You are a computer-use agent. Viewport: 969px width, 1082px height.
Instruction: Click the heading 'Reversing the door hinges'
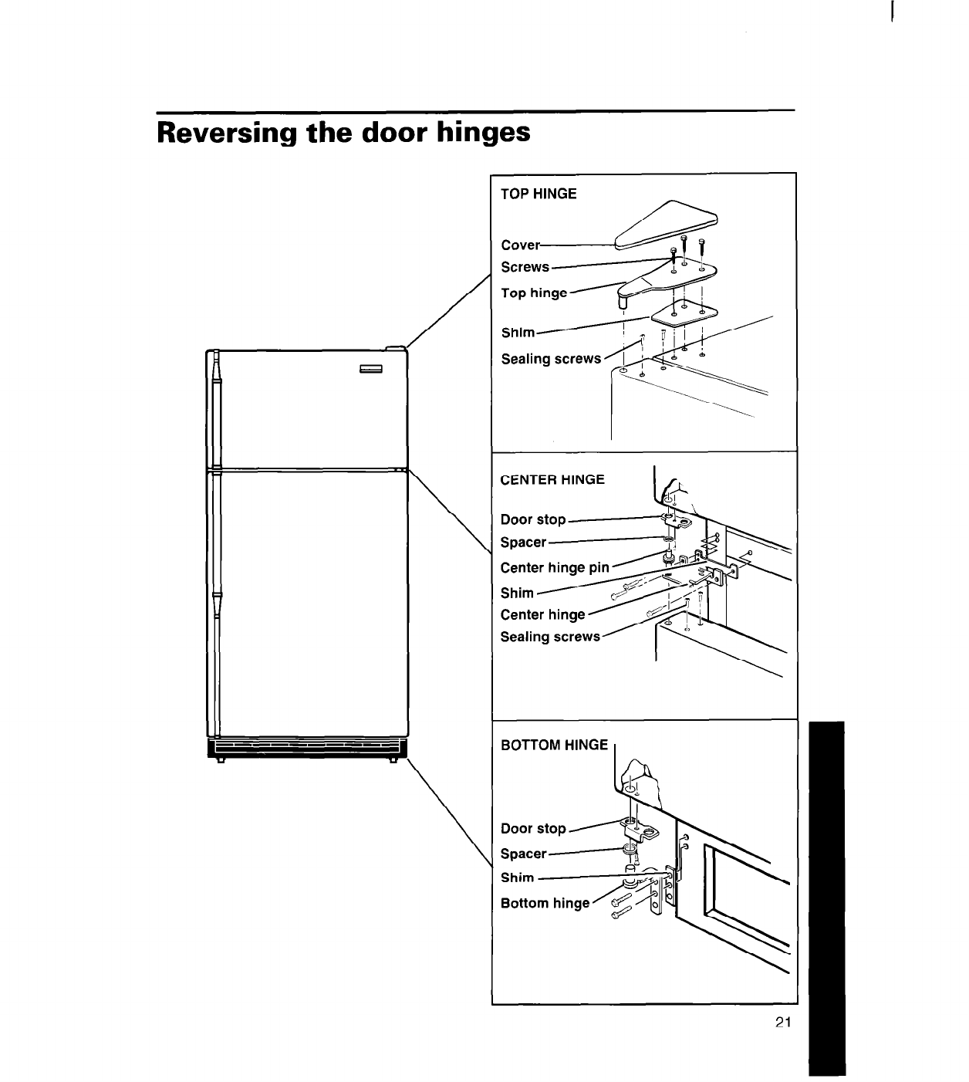click(343, 133)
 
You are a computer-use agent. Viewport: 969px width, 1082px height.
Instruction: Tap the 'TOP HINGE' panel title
click(539, 194)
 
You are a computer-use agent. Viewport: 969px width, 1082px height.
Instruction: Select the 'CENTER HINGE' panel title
click(552, 479)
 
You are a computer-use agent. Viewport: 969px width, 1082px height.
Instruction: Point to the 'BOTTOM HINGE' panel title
click(555, 745)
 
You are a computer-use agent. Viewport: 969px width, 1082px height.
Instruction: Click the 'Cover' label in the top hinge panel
click(520, 245)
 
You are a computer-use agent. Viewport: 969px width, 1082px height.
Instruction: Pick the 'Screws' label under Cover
click(525, 267)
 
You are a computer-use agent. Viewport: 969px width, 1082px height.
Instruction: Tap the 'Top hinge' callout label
click(534, 292)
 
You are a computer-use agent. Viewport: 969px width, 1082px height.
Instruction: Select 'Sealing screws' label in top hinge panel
click(551, 359)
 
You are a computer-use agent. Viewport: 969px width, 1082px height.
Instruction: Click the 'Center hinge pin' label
click(555, 568)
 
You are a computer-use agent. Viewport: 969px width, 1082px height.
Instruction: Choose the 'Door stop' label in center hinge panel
click(533, 519)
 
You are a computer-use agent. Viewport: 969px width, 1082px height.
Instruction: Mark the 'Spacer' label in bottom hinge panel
click(523, 854)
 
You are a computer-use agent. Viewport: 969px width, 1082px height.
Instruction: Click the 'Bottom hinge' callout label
click(545, 903)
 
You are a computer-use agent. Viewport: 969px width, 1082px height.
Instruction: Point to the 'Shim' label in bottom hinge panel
click(517, 877)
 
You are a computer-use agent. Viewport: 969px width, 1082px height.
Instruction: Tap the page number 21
click(783, 1023)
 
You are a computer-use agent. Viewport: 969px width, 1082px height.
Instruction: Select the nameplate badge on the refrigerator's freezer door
click(371, 368)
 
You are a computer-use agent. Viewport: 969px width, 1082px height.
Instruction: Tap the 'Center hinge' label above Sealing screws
click(543, 615)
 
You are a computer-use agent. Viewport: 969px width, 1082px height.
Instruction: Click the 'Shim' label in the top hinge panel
click(518, 333)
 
